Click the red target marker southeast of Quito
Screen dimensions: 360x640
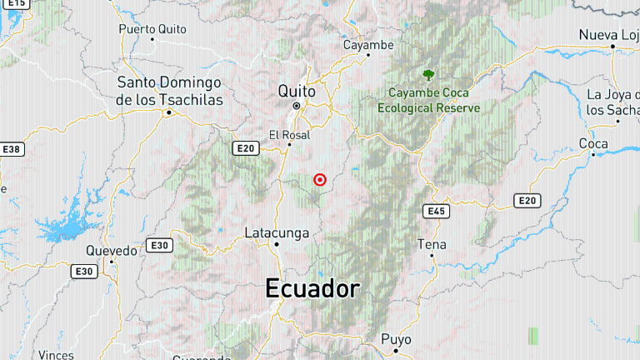point(319,179)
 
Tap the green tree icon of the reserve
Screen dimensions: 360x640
point(428,76)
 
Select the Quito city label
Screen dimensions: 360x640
point(296,90)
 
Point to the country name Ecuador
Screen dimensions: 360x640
point(312,289)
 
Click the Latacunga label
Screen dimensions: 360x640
point(277,232)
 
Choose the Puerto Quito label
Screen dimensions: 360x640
point(151,27)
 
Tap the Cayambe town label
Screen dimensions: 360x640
point(367,44)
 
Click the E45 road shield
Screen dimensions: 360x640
point(436,211)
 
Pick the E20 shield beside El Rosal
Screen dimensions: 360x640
point(245,148)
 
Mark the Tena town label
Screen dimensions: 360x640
point(432,244)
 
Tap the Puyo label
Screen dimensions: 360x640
point(396,339)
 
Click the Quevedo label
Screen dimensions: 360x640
point(112,250)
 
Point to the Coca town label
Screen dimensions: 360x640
point(593,144)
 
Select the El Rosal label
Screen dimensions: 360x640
point(289,135)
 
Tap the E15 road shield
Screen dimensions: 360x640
point(17,3)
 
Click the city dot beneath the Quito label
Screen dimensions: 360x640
point(296,107)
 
